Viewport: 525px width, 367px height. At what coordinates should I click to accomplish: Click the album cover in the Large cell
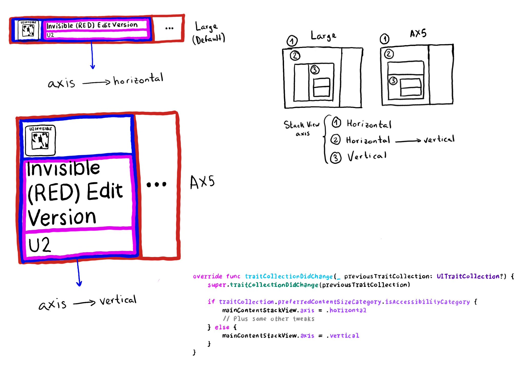click(28, 30)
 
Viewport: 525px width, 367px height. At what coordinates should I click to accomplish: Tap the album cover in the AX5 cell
click(40, 140)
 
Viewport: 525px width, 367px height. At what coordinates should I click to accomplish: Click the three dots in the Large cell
click(169, 28)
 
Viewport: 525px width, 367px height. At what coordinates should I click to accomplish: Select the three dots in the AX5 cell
click(156, 184)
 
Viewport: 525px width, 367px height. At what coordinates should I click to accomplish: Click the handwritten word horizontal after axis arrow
click(138, 79)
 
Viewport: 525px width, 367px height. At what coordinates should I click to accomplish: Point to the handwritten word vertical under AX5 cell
click(118, 300)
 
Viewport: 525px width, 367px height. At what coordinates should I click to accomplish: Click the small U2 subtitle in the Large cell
click(50, 35)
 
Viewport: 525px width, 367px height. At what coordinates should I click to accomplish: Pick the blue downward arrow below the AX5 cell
click(78, 273)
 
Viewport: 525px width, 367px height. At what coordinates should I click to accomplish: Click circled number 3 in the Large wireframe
click(315, 70)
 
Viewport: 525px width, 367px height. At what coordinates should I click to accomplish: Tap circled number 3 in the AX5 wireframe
click(393, 81)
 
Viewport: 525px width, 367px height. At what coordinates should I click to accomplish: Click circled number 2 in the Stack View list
click(335, 140)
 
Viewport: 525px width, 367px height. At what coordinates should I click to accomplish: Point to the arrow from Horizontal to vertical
click(408, 141)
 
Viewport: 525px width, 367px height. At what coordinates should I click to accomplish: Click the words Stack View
click(301, 125)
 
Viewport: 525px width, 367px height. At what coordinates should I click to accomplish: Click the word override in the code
click(207, 276)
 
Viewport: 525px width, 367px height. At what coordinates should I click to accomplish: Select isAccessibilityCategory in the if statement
click(427, 302)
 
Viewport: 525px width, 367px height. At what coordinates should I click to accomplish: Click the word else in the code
click(222, 327)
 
